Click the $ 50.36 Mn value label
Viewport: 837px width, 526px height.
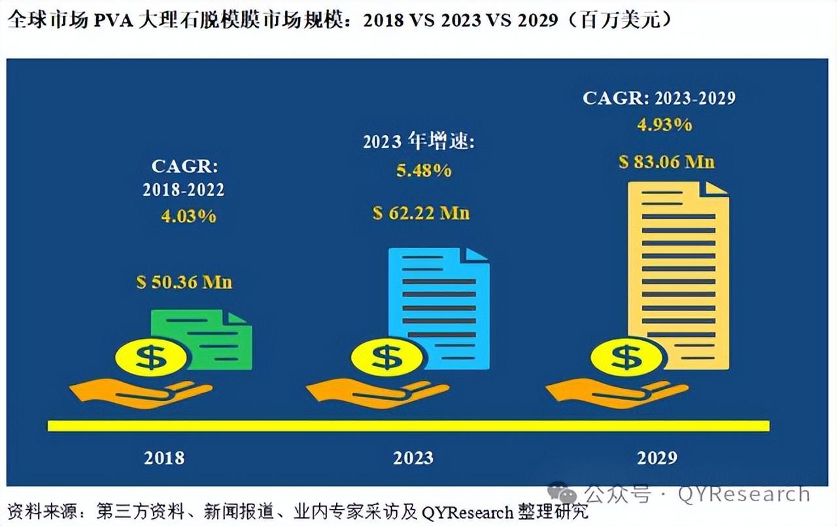tap(184, 283)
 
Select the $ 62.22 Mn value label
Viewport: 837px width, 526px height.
tap(421, 213)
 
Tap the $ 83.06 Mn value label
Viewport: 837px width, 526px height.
tap(667, 161)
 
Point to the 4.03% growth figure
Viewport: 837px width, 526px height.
tap(188, 215)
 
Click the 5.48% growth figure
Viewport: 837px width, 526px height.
tap(424, 171)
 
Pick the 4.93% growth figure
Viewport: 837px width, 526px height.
tap(664, 124)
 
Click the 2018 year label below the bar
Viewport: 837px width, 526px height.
tap(164, 457)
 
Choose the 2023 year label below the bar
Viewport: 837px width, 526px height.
tap(413, 457)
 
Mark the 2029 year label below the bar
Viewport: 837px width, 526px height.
tap(657, 457)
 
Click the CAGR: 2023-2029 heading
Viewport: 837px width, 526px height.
tap(659, 98)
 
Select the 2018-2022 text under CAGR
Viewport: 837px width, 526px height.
tap(184, 190)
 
